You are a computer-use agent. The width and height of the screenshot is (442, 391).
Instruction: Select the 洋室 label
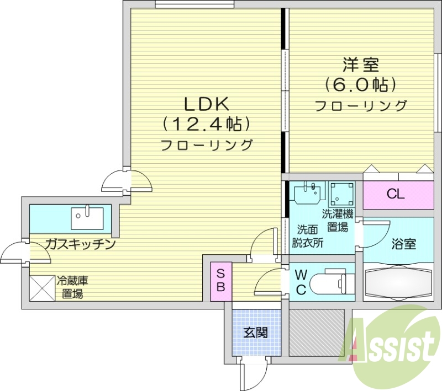pyautogui.click(x=361, y=65)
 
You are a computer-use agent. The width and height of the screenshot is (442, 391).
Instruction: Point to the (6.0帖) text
pyautogui.click(x=361, y=85)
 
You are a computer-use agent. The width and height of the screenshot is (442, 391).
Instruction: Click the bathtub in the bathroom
pyautogui.click(x=398, y=283)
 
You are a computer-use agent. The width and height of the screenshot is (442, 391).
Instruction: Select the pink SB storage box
pyautogui.click(x=220, y=280)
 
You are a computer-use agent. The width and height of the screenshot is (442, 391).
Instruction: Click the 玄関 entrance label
pyautogui.click(x=255, y=333)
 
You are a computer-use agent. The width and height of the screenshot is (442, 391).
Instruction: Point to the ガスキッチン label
pyautogui.click(x=80, y=243)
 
